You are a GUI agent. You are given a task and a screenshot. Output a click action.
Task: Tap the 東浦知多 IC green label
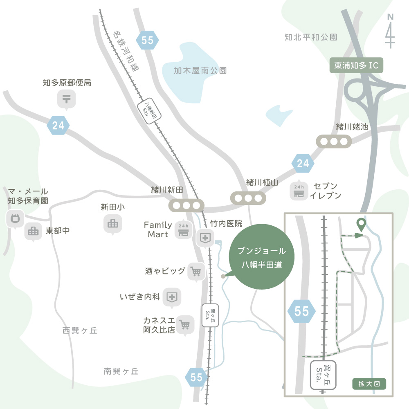[x=356, y=65]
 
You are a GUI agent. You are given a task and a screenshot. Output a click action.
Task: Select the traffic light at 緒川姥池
[x=334, y=142]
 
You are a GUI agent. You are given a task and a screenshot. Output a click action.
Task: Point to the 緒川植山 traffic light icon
[x=248, y=198]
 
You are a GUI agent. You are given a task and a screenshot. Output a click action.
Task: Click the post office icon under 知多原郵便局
[x=66, y=99]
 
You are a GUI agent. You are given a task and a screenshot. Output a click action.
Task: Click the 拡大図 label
[x=369, y=384]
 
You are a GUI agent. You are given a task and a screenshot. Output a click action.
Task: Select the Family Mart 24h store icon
[x=183, y=230]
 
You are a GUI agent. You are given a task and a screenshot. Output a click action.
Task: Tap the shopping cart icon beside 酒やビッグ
[x=196, y=271]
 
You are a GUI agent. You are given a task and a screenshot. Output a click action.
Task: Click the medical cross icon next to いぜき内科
[x=172, y=297]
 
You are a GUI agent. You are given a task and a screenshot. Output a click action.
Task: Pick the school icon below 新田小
[x=112, y=224]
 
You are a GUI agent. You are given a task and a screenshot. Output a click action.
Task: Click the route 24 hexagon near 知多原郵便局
[x=58, y=126]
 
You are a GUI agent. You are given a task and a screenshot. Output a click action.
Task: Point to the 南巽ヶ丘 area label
[x=121, y=371]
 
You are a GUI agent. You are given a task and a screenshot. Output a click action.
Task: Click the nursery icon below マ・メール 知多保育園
[x=15, y=218]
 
